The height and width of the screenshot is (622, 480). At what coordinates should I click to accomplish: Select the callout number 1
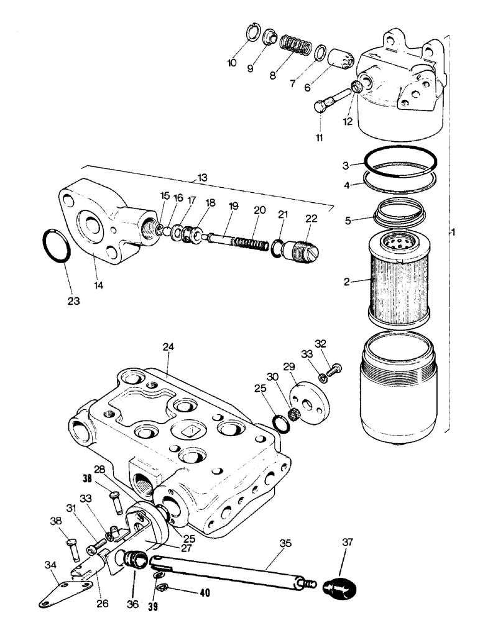tap(454, 233)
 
